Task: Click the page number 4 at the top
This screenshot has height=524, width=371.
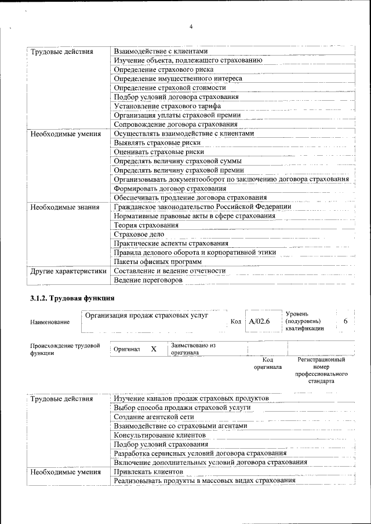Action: coord(191,27)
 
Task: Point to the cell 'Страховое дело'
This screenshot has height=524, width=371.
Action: coord(139,234)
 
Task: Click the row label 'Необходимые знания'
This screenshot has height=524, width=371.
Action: coord(60,207)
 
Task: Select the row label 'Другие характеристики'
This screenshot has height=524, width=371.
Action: coord(68,270)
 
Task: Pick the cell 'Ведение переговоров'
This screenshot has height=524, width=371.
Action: coord(148,280)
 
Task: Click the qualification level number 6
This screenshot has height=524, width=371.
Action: coord(345,321)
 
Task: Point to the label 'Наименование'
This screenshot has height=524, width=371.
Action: coord(50,322)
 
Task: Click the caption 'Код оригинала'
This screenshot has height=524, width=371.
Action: coord(267,363)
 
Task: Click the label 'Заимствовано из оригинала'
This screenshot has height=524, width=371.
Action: coord(193,349)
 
